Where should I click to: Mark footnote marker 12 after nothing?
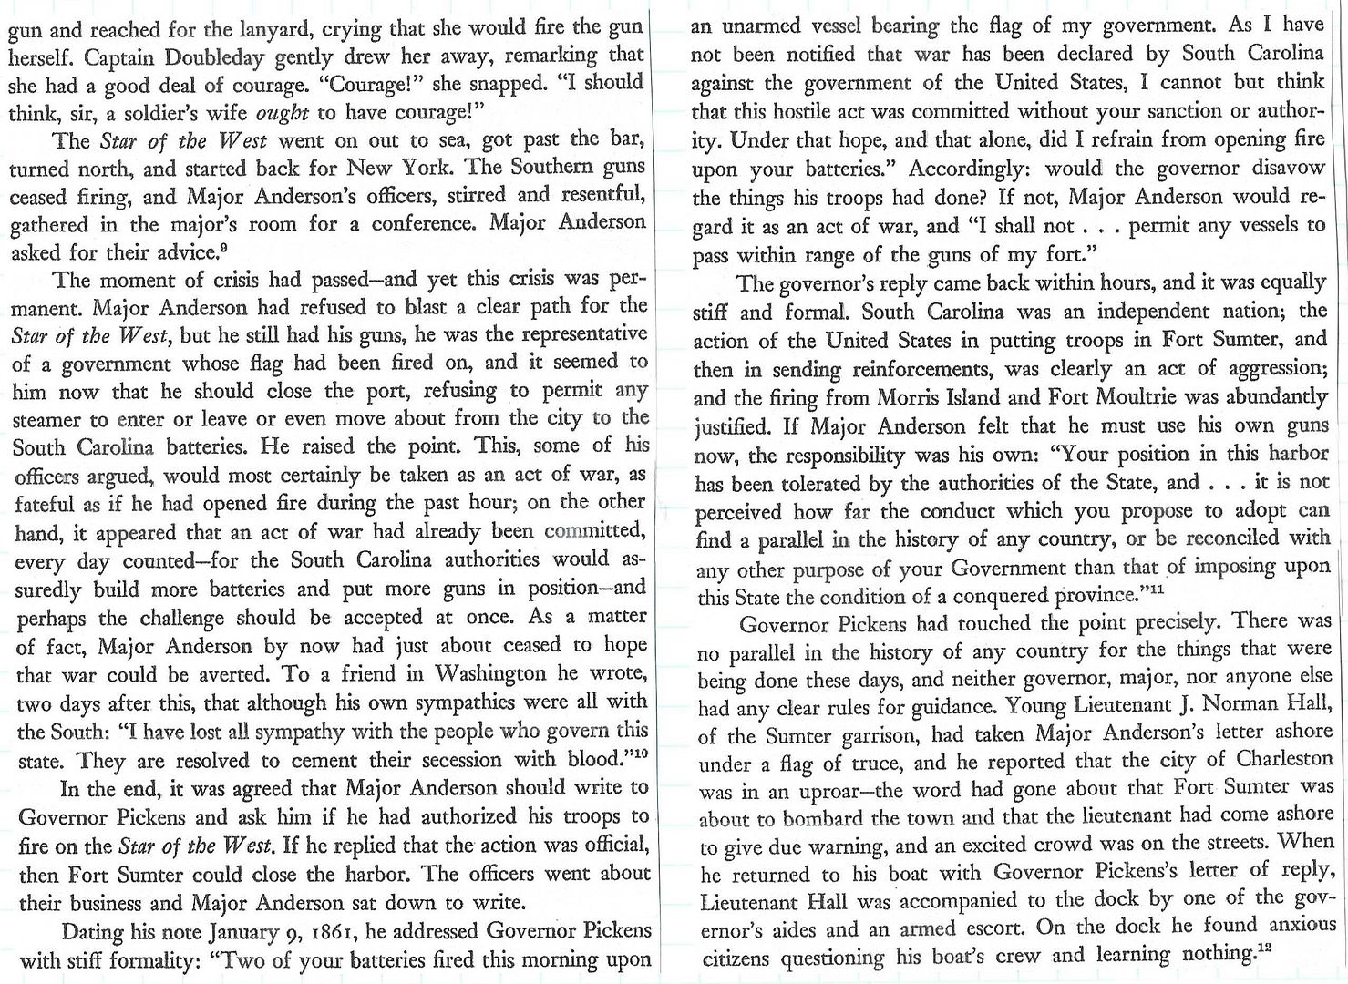[1262, 949]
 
